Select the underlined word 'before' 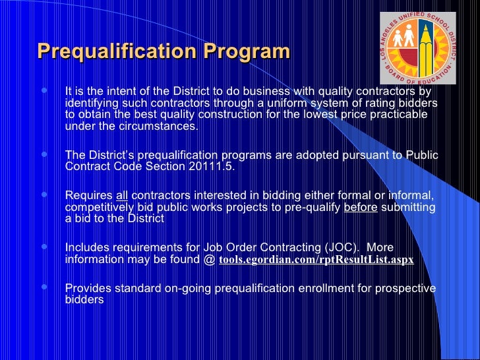[x=360, y=207]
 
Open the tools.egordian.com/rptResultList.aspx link [x=316, y=260]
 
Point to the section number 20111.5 [x=210, y=167]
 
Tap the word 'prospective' [x=403, y=288]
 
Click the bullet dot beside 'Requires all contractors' [x=44, y=195]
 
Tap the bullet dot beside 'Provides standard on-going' [x=44, y=288]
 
